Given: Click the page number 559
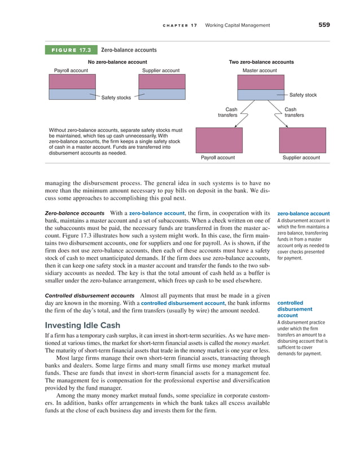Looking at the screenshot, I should coord(323,25).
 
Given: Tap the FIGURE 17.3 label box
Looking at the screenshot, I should coord(72,50).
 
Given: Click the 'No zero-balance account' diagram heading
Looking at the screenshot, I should coord(117,62).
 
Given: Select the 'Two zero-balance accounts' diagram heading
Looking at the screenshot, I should coord(261,62).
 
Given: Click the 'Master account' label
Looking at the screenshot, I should coord(260,70).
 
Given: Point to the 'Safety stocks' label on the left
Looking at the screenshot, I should coord(116,98).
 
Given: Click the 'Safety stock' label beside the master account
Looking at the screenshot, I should coord(302,95).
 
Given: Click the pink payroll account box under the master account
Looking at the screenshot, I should coord(218,140).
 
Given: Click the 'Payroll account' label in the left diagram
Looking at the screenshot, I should coord(71,70).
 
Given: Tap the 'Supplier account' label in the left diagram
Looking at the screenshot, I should coord(161,70).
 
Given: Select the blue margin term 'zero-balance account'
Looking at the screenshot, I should coord(304,214).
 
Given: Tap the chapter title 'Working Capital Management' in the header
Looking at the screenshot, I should coord(238,25).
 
